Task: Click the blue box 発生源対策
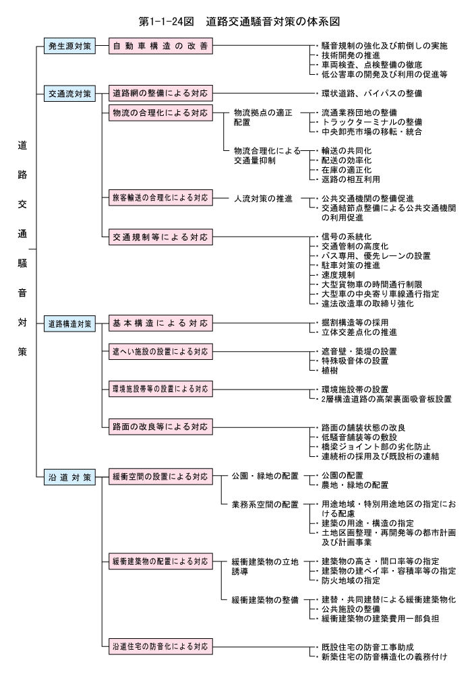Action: [x=69, y=46]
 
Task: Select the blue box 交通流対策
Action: [x=69, y=93]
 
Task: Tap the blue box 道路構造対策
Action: [x=69, y=323]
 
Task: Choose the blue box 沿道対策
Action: [x=69, y=477]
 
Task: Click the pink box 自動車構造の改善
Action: [x=160, y=46]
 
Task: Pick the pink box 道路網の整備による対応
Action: [x=160, y=93]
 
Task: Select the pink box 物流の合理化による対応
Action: [x=160, y=113]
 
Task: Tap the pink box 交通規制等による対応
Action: [x=160, y=237]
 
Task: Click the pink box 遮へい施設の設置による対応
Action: [x=160, y=352]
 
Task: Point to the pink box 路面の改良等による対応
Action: [x=160, y=427]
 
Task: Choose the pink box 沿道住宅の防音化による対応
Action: [x=160, y=646]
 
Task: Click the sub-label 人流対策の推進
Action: [x=264, y=199]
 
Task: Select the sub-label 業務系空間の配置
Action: [x=265, y=504]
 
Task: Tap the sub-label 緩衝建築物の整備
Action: [x=265, y=600]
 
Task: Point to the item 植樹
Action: [x=330, y=371]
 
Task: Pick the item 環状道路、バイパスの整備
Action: [x=372, y=93]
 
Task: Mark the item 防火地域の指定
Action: [x=351, y=580]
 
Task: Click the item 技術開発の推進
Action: [x=351, y=55]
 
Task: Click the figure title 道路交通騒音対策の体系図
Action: [x=273, y=22]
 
